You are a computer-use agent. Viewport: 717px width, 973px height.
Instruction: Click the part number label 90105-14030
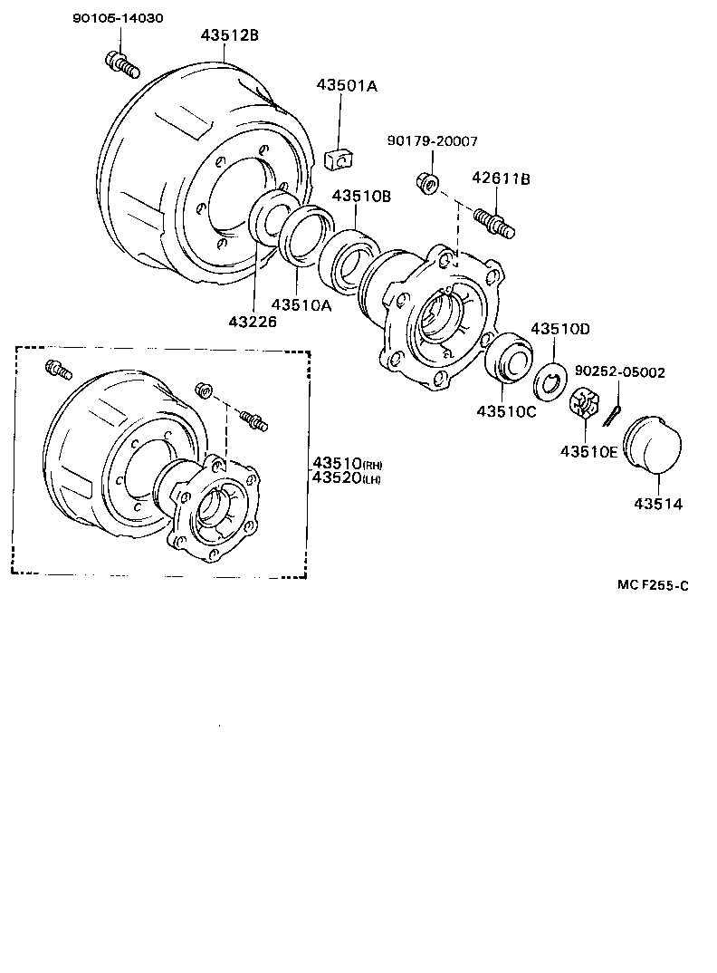tap(118, 18)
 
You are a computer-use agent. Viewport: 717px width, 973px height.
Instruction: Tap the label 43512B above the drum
tap(230, 35)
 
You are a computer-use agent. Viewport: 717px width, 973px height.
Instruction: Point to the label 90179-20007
tap(433, 141)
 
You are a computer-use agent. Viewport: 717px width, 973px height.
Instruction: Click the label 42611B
tap(501, 179)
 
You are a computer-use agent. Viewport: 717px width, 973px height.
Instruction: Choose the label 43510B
tap(361, 197)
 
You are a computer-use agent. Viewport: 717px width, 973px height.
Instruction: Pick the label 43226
tap(253, 321)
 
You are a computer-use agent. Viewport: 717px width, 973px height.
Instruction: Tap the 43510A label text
tap(302, 305)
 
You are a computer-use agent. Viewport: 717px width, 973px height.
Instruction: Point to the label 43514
tap(658, 504)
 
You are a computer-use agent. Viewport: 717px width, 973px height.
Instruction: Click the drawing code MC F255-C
tap(653, 585)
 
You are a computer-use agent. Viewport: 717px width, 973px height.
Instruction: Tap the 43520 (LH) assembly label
tap(347, 478)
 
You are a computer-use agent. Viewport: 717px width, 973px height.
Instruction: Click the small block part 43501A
tap(337, 158)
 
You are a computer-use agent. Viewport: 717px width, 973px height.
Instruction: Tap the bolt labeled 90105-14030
tap(121, 65)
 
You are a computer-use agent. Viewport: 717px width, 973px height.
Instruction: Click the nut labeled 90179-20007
tap(428, 183)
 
